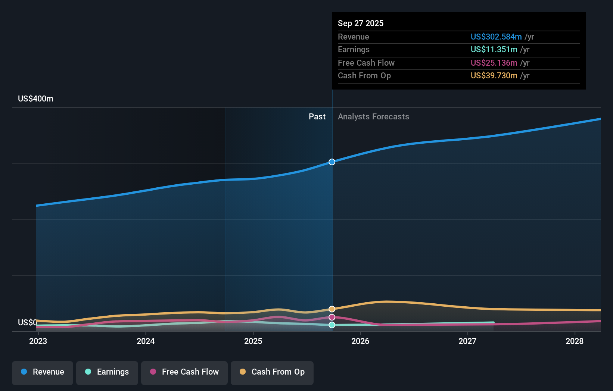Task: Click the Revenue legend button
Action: click(x=43, y=372)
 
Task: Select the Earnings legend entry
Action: click(x=107, y=372)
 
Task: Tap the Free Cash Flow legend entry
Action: click(x=184, y=372)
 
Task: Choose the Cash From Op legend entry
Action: click(x=272, y=372)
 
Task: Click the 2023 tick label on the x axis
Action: click(x=38, y=341)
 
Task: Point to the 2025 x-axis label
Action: click(x=253, y=341)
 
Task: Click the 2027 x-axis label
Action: click(x=467, y=341)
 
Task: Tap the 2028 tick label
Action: click(x=575, y=341)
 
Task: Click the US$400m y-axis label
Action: click(x=35, y=99)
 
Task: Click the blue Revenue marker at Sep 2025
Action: click(x=332, y=162)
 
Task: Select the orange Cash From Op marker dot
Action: click(x=332, y=309)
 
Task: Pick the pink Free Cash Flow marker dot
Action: click(x=332, y=317)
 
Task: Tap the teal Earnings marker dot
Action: click(x=332, y=325)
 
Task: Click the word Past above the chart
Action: click(x=317, y=117)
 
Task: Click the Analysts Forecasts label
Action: click(x=373, y=117)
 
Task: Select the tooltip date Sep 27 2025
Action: click(x=361, y=23)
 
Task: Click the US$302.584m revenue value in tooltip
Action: click(x=496, y=37)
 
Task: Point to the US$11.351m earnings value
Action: click(x=494, y=50)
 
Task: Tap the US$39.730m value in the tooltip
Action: click(x=494, y=76)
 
